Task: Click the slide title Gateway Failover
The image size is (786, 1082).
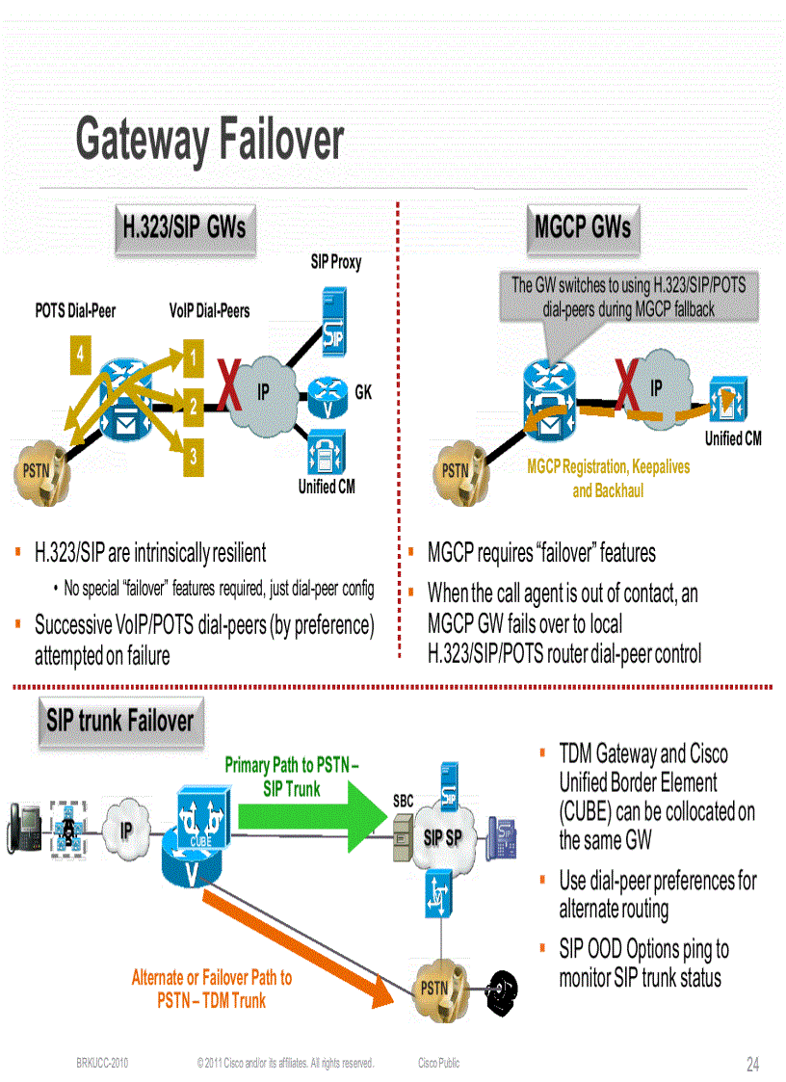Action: (209, 140)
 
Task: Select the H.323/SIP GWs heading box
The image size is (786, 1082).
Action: (183, 227)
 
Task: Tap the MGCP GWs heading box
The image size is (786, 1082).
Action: (582, 227)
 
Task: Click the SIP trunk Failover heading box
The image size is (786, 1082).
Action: (119, 721)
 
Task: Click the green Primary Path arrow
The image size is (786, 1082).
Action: (318, 802)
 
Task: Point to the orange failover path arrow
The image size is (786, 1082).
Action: (308, 944)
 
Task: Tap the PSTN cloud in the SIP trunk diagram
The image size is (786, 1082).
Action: (435, 988)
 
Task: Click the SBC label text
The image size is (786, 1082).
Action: (403, 801)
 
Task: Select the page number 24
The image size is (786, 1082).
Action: (752, 1065)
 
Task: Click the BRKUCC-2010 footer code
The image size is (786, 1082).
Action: (102, 1064)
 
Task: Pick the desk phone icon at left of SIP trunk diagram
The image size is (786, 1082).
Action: (21, 827)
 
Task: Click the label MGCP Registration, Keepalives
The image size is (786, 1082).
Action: (608, 467)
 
